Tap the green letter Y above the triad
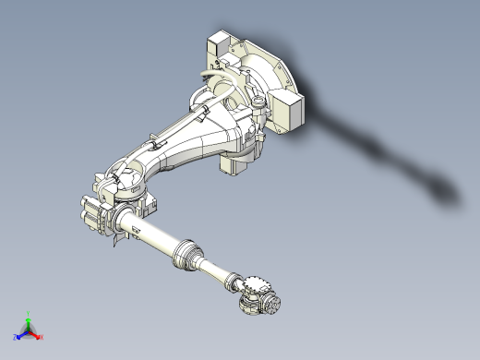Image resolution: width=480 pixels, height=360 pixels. (x=29, y=313)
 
